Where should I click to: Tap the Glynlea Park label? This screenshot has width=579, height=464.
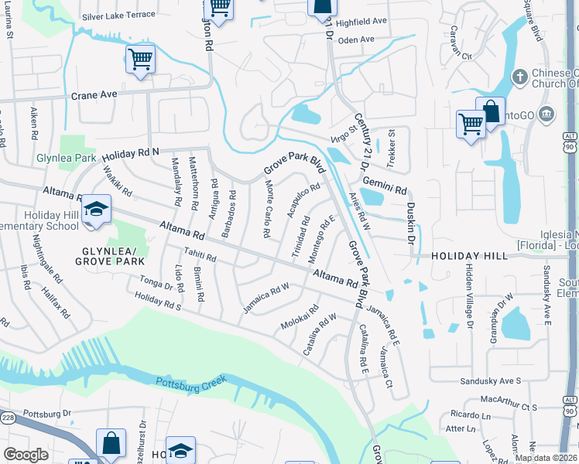(66, 158)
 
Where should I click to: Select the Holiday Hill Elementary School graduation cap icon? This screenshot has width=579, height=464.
(97, 210)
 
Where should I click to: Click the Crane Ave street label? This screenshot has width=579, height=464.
(94, 94)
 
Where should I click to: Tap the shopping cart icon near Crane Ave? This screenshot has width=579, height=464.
(140, 59)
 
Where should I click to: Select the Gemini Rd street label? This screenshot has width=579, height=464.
(390, 189)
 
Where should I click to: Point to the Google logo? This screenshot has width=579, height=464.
(26, 455)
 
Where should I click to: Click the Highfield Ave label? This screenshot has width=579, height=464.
(362, 22)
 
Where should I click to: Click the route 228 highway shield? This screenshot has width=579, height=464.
(8, 418)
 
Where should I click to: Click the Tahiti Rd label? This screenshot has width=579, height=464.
(199, 257)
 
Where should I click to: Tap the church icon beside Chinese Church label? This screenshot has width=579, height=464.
(521, 77)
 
